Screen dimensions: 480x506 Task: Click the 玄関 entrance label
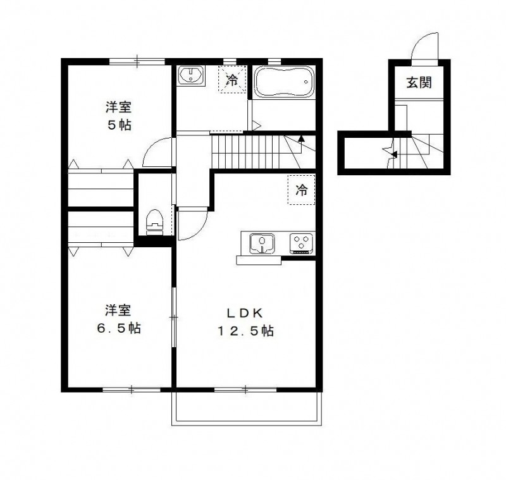coord(419,82)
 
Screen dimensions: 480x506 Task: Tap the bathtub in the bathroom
coord(284,82)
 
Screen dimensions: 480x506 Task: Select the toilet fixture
coord(154,222)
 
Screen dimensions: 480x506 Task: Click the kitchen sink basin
coord(262,243)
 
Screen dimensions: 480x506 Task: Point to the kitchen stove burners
coord(301,243)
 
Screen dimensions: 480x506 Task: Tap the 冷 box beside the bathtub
coord(232,80)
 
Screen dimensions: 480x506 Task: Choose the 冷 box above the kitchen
coord(302,190)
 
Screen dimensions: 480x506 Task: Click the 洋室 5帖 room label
coord(118,115)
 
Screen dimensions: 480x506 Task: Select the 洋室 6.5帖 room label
coord(118,319)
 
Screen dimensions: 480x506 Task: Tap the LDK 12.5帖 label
coord(245,322)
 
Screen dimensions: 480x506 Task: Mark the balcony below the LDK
coord(247,408)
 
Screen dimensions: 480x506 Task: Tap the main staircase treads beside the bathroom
coord(247,152)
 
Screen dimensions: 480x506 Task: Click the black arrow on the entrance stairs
coord(392,153)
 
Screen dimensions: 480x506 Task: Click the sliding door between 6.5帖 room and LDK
coord(174,316)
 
